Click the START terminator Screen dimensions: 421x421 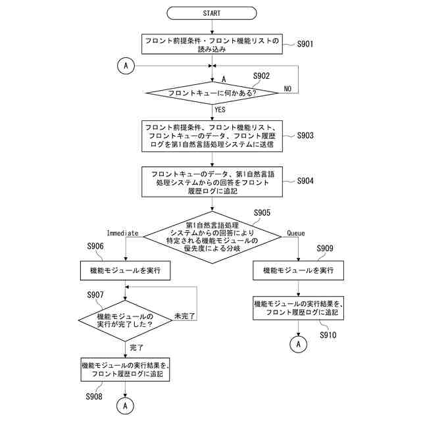tap(212, 12)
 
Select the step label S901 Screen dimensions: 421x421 tap(305, 45)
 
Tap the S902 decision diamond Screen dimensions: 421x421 tap(212, 93)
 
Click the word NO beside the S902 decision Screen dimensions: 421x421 tap(287, 88)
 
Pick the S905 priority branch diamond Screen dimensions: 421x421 tap(212, 237)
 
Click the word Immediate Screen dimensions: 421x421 tap(122, 234)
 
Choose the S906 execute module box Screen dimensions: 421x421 tap(125, 270)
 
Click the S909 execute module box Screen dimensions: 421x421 tap(298, 270)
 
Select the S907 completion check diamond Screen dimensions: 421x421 tap(125, 320)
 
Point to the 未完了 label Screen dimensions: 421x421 tap(186, 316)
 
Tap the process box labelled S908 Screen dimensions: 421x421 tap(125, 370)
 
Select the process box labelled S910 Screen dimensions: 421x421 tap(298, 309)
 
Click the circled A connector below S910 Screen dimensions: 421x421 tap(298, 343)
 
